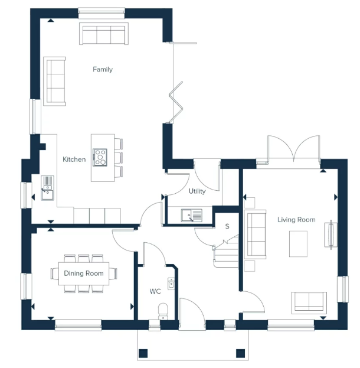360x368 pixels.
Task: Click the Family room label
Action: tap(103, 70)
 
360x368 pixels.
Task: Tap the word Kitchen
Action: tap(74, 159)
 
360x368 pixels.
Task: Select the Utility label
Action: tap(197, 191)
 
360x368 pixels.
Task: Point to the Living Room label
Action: tap(296, 220)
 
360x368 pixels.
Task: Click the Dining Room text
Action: tap(84, 273)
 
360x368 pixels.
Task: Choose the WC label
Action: tap(155, 291)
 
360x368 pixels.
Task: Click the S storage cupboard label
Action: tap(227, 226)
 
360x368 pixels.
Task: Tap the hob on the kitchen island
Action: tap(100, 158)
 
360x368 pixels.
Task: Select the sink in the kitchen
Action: tap(47, 188)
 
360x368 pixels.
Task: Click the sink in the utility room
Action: tap(192, 216)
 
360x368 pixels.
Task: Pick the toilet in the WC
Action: tap(163, 311)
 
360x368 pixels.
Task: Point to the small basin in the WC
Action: tap(171, 284)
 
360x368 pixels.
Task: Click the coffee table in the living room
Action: tap(298, 244)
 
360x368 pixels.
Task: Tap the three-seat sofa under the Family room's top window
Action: tap(104, 33)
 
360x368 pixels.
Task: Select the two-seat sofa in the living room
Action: tap(309, 303)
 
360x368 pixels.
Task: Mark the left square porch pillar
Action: tap(143, 353)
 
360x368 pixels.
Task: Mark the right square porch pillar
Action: tap(240, 353)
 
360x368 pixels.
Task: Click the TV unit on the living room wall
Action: tap(331, 234)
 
